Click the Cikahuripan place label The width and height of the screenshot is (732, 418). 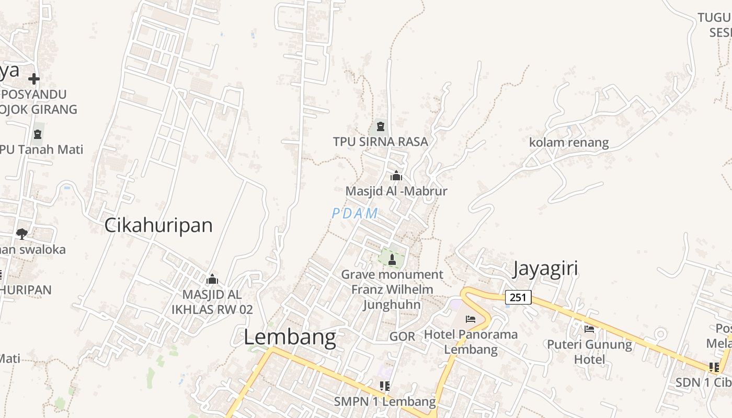(x=158, y=225)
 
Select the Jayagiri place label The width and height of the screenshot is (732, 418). (x=545, y=268)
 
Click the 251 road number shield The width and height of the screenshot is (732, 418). (x=518, y=297)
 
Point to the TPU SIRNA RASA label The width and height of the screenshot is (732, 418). (x=381, y=142)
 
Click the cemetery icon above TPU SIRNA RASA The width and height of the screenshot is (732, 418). (x=380, y=126)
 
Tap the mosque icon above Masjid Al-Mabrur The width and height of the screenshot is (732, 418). (x=396, y=176)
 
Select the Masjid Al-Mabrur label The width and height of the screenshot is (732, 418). (x=396, y=191)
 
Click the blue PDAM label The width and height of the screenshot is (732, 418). (x=355, y=213)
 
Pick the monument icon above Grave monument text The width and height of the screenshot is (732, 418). (x=392, y=259)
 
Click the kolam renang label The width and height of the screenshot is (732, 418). (x=569, y=143)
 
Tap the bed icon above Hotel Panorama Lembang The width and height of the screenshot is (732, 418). (x=471, y=319)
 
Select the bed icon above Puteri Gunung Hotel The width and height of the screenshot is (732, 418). (x=589, y=329)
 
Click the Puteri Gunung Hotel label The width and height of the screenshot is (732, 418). (x=589, y=352)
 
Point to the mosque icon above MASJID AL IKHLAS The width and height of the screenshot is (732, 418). (x=212, y=280)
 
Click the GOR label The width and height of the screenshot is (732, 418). (x=402, y=336)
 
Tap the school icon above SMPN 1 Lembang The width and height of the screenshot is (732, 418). (x=385, y=386)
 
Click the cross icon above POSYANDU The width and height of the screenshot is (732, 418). (x=34, y=79)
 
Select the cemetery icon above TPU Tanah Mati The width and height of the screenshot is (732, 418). (x=37, y=134)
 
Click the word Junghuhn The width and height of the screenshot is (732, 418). (x=392, y=305)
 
